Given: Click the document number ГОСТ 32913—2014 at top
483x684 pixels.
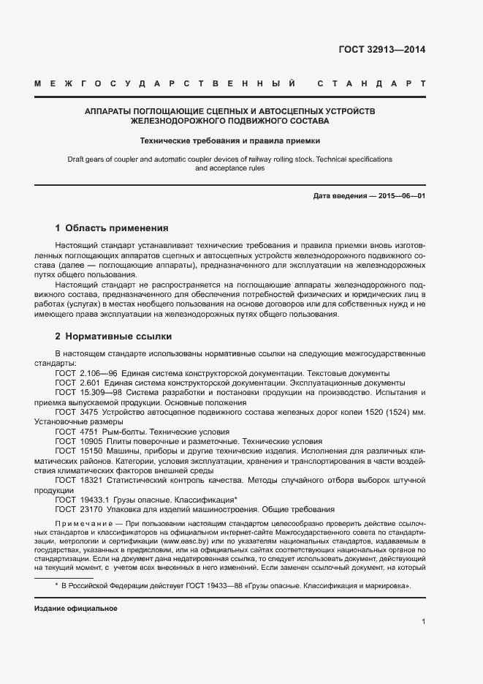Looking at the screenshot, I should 381,50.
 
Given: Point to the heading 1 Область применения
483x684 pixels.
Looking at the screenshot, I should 112,228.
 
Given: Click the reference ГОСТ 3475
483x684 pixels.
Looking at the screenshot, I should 77,413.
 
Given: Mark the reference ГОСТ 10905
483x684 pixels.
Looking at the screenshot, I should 79,442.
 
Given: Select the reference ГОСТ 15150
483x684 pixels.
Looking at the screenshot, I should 79,452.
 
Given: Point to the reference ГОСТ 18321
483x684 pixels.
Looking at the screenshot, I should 79,481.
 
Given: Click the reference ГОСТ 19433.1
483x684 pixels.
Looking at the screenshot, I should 82,500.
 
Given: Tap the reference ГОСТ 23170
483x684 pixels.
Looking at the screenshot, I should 79,509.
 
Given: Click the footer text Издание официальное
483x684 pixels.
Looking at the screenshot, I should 76,608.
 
